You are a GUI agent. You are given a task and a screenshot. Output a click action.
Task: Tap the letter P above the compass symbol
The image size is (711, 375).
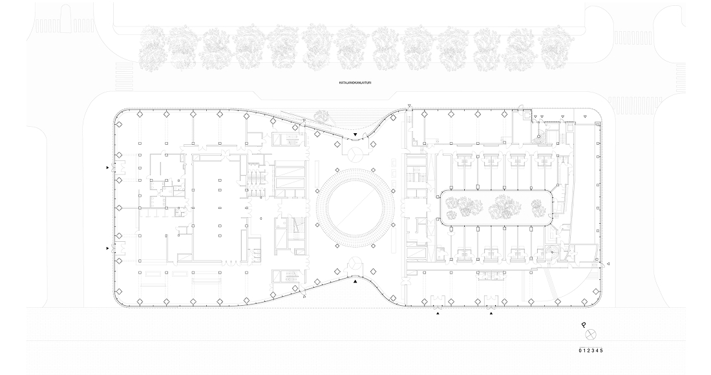[x=584, y=325]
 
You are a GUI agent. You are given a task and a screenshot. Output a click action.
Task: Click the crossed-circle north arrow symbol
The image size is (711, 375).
[x=590, y=336]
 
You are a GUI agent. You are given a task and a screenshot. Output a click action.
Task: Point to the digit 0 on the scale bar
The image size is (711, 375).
[x=580, y=350]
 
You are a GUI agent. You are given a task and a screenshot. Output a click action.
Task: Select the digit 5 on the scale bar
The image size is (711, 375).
[x=601, y=350]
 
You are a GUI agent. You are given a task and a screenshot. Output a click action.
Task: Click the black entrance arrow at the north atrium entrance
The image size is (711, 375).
[x=355, y=135]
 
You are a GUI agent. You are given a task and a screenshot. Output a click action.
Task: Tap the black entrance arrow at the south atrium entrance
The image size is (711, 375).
[x=355, y=282]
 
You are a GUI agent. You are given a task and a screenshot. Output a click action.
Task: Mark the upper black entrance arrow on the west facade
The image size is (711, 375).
[x=107, y=167]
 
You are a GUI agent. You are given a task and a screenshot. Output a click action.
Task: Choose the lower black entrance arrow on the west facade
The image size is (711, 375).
[x=107, y=248]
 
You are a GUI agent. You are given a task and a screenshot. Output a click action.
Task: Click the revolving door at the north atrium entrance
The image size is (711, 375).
[x=355, y=153]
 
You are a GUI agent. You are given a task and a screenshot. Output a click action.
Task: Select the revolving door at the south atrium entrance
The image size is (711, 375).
[x=355, y=264]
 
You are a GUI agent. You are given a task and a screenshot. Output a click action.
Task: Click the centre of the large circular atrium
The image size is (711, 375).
[x=355, y=208]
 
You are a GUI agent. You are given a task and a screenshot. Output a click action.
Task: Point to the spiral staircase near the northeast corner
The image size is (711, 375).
[x=540, y=136]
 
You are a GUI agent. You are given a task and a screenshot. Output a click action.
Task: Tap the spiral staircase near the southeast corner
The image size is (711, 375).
[x=551, y=252]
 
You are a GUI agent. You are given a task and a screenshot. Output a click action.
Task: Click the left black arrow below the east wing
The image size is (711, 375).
[x=438, y=314]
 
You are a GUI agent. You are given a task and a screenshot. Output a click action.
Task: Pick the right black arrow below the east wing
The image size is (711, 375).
[x=491, y=314]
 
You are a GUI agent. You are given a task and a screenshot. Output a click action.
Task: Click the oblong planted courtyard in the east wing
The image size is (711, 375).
[x=496, y=208]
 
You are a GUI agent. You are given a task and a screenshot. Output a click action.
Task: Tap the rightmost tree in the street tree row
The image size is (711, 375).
[x=554, y=48]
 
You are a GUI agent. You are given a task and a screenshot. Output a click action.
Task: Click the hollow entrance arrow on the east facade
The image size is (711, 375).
[x=608, y=263]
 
